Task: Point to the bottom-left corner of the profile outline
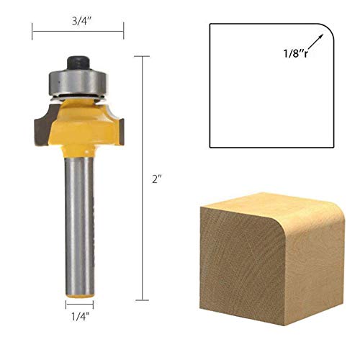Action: point(210,147)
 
